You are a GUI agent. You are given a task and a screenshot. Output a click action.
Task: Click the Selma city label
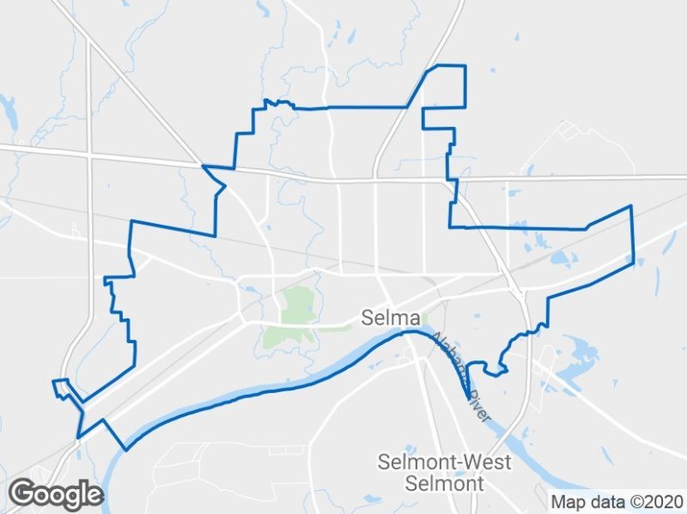point(391,318)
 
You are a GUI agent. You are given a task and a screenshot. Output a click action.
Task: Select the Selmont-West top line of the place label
point(444,463)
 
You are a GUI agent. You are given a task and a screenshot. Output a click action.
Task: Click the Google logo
point(56,494)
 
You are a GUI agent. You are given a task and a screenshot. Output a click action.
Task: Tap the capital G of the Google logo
point(21,493)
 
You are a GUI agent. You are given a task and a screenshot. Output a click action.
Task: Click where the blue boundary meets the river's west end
point(127,448)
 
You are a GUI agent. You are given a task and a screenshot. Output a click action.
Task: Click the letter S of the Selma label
point(368,318)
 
